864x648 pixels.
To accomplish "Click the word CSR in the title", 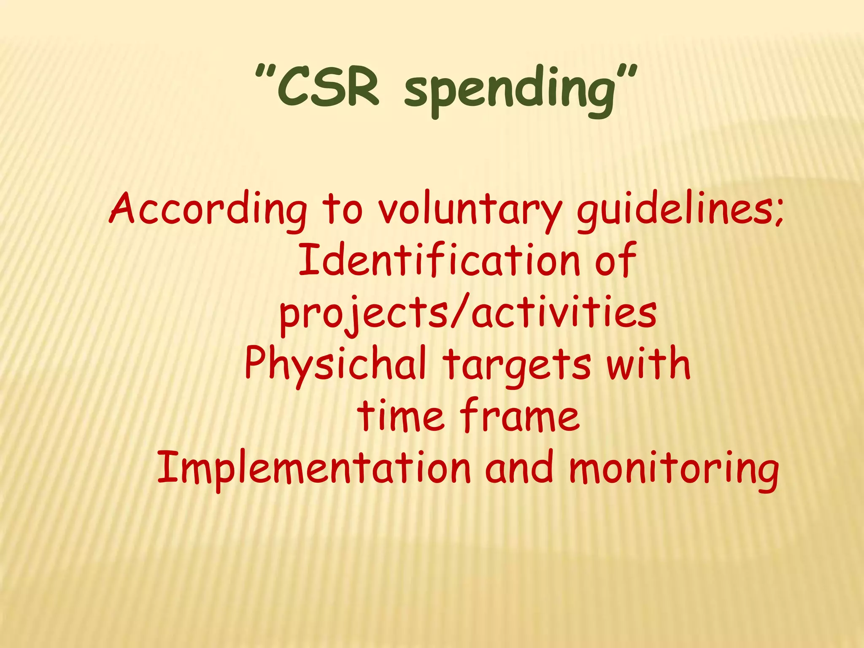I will pyautogui.click(x=328, y=89).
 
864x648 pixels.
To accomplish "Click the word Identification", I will pyautogui.click(x=439, y=260).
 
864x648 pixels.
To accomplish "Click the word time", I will pyautogui.click(x=401, y=416).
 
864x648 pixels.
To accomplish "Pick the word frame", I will pyautogui.click(x=520, y=416).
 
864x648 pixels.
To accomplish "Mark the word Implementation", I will pyautogui.click(x=314, y=468).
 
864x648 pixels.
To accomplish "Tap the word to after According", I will pyautogui.click(x=342, y=209).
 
